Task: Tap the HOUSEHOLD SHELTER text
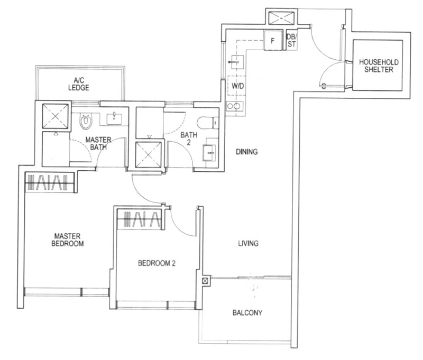coord(379,66)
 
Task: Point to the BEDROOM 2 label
coord(156,263)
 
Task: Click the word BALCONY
coord(247,312)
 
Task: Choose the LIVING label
coord(247,244)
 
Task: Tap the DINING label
coord(246,152)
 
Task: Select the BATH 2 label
coord(189,139)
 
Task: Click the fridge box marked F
coord(273,40)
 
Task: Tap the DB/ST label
coord(291,41)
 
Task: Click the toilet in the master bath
coord(86,121)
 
